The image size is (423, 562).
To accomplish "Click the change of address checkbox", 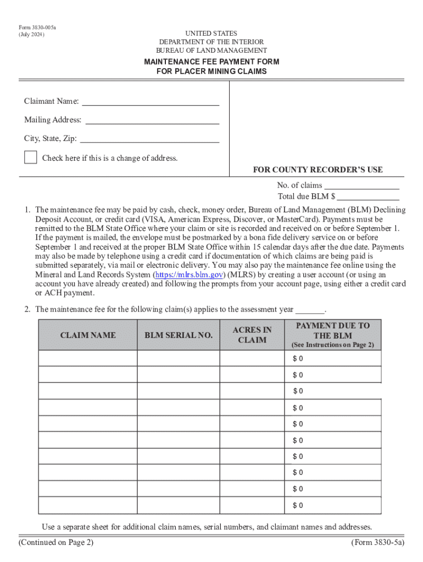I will pos(31,157).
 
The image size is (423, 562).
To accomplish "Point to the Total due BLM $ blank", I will pos(368,197).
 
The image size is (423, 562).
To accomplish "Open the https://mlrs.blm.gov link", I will pos(188,274).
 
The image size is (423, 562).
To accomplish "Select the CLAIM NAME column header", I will pos(88,335).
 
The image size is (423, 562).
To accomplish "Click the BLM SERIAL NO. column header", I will pos(179,335).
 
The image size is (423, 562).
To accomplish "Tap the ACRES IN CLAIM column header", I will pos(252,335).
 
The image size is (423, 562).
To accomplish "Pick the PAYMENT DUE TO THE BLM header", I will pos(333,330).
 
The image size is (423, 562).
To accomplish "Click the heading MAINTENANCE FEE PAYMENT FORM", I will pos(211,61).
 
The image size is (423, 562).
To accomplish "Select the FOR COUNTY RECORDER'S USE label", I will pos(318,170).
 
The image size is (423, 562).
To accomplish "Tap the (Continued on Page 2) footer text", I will pos(56,543).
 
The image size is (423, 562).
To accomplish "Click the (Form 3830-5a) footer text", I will pos(377,543).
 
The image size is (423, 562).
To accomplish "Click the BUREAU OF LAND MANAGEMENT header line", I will pos(211,50).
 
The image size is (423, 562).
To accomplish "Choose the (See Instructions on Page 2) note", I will pos(333,345).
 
